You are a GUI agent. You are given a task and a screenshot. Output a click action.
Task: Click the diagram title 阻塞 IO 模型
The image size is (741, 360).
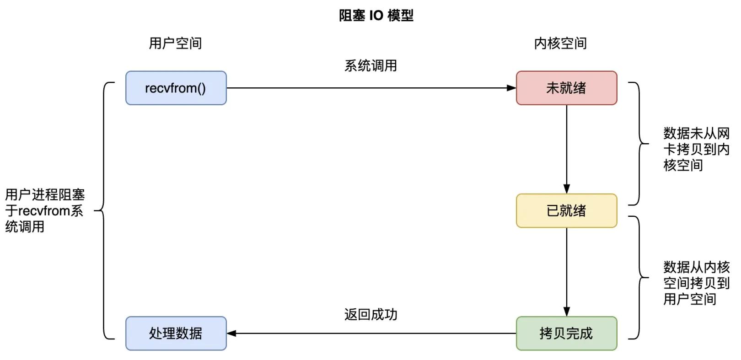376,16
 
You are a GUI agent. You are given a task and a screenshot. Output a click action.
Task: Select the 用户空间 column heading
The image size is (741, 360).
175,43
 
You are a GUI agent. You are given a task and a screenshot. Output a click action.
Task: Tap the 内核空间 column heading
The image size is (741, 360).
560,43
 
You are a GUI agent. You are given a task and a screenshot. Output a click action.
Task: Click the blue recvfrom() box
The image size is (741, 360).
176,88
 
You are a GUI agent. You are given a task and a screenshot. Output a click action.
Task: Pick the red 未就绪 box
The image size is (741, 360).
566,88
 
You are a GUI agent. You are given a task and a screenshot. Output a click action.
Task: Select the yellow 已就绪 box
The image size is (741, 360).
566,210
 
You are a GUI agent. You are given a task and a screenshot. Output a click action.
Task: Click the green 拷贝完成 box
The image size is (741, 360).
566,333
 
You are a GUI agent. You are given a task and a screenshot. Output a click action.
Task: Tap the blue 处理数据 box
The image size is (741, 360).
176,333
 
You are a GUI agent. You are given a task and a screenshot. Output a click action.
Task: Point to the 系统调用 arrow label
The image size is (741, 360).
370,66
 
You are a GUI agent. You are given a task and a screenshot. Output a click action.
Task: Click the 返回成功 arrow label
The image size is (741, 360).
370,315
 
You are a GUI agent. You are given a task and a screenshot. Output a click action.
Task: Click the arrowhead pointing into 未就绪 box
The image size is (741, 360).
511,88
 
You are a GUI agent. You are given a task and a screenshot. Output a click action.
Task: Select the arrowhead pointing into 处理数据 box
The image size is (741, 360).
231,333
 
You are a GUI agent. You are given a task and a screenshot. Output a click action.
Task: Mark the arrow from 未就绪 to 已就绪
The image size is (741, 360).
566,146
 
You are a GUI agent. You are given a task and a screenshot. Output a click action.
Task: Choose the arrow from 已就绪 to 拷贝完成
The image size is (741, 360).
566,270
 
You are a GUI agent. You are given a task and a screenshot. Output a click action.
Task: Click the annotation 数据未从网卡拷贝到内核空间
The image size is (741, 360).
696,150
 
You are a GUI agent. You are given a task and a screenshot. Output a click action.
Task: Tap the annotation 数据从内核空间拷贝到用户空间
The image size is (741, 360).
696,283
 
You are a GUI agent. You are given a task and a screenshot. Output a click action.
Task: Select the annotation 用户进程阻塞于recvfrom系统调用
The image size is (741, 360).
44,210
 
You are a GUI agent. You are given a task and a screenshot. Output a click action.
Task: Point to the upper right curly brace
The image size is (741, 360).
639,144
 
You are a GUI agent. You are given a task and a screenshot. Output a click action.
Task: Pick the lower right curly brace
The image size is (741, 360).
639,277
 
